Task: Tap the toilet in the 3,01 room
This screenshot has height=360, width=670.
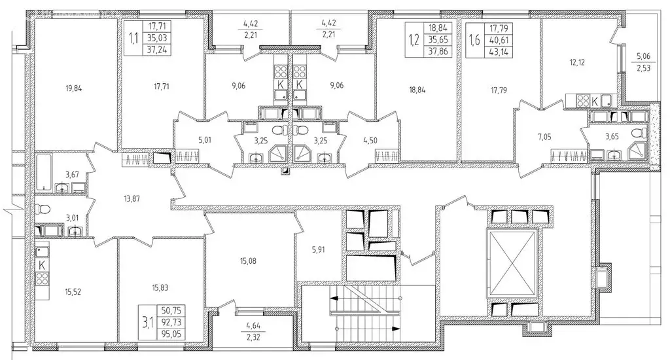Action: click(x=43, y=210)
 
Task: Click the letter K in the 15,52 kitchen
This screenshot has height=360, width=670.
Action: click(x=43, y=264)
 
